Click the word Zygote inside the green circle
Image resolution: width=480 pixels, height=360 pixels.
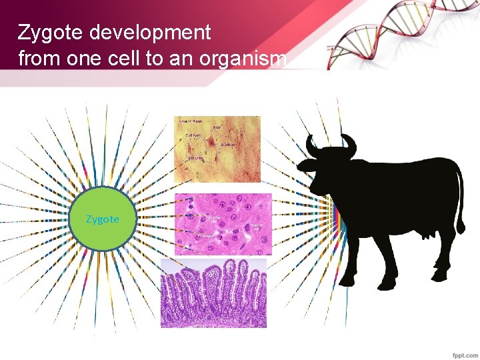click(x=103, y=219)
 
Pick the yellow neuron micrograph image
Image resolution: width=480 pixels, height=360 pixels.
click(x=217, y=149)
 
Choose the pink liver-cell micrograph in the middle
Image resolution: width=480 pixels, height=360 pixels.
click(x=223, y=224)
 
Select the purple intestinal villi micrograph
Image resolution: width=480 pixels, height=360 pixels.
click(x=213, y=293)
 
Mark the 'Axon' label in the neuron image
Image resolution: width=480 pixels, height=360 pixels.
click(x=217, y=127)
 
